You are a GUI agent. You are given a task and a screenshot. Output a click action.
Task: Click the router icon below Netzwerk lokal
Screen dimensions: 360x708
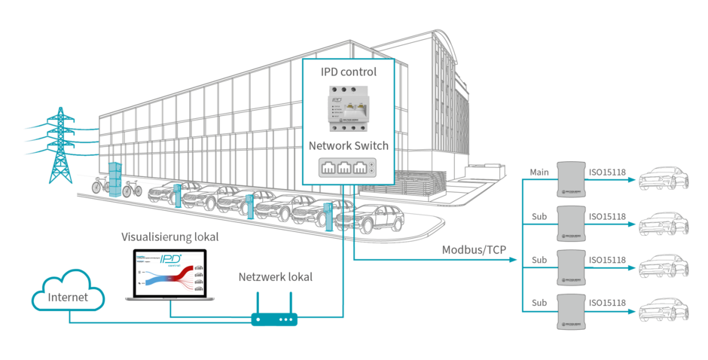(x=274, y=319)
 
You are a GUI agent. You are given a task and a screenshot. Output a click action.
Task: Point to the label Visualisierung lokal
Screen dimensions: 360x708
(x=170, y=237)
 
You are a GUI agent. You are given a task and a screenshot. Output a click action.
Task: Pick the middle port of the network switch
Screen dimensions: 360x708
(x=348, y=169)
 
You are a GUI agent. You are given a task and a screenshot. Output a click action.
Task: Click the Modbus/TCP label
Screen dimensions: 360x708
(x=474, y=249)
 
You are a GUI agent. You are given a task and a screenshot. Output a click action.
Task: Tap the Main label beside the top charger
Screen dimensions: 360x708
(x=539, y=173)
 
